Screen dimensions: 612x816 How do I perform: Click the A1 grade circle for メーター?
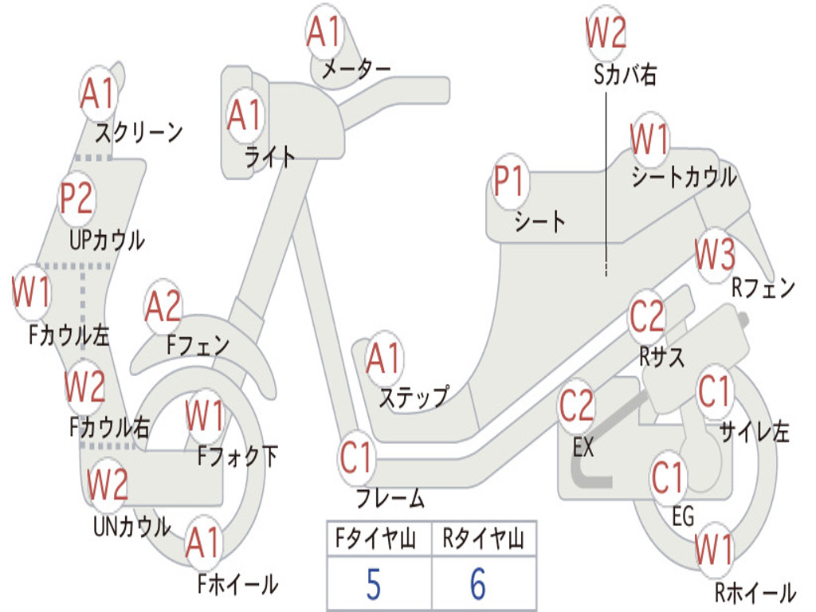pos(324,33)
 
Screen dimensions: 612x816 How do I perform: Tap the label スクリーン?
pos(139,131)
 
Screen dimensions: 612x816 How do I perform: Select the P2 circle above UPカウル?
pos(76,198)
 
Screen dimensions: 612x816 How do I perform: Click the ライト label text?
pos(270,157)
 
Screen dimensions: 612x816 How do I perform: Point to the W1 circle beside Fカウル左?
pos(31,292)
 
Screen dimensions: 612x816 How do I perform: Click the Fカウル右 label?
pos(108,427)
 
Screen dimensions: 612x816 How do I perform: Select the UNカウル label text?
pos(131,527)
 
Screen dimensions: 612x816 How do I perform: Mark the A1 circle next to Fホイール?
pos(202,545)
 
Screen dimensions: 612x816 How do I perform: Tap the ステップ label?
pos(413,397)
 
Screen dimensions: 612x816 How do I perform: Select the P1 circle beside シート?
pos(509,183)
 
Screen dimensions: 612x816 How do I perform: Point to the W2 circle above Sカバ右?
pos(606,33)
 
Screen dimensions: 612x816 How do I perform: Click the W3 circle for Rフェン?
pos(714,255)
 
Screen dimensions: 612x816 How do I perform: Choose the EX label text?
pos(583,448)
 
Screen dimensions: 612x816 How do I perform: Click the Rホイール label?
pos(755,593)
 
